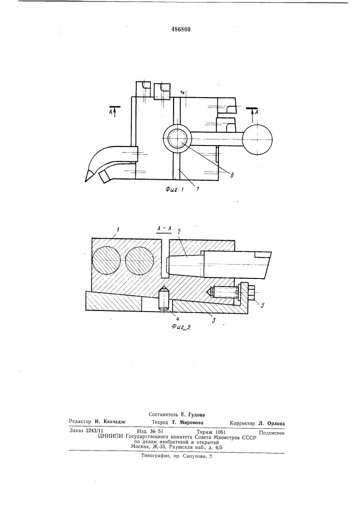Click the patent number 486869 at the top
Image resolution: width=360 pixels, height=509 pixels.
[181, 29]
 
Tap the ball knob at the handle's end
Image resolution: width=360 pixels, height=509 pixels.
[258, 139]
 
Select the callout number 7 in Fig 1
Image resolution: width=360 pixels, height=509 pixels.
[197, 189]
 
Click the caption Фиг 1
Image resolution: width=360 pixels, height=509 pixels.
[175, 190]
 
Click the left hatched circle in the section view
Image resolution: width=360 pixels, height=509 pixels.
[106, 261]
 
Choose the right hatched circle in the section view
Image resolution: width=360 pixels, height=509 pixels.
[140, 261]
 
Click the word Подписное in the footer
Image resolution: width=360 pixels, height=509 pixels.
[272, 433]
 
